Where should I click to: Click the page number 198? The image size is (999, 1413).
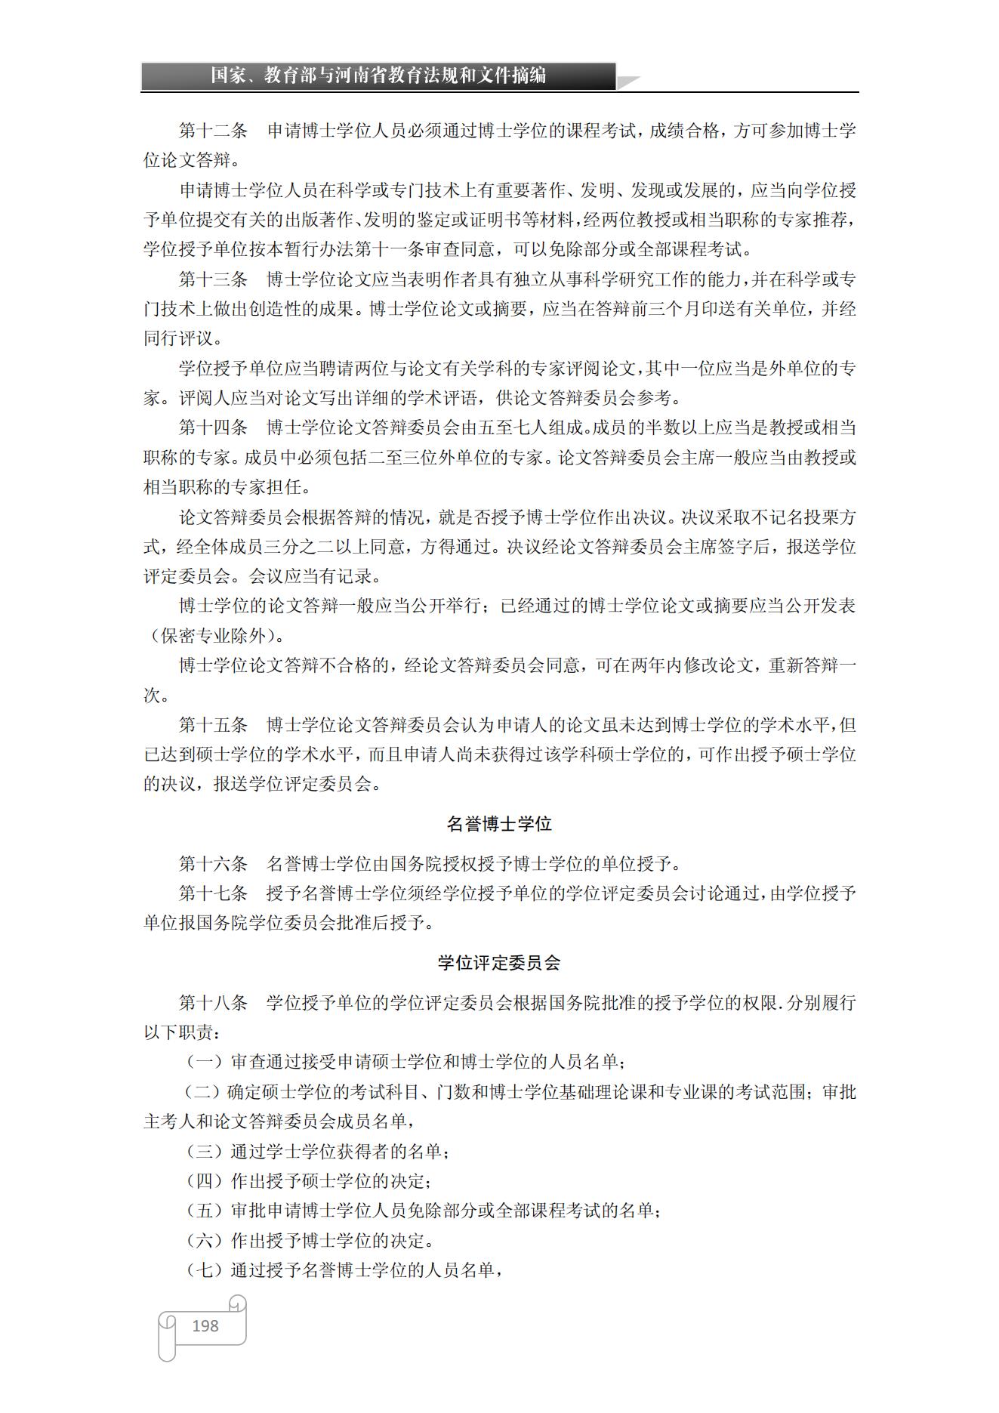coord(205,1325)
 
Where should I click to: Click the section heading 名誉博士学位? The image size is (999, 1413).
coord(499,824)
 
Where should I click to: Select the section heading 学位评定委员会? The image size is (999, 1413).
coord(499,963)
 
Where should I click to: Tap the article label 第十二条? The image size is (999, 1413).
coord(213,131)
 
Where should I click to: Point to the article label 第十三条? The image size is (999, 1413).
coord(213,279)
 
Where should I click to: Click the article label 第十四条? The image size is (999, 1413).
coord(213,428)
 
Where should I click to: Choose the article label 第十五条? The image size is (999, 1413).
coord(213,725)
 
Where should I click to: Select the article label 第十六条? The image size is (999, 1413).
coord(213,863)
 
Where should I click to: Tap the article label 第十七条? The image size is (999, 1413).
coord(213,893)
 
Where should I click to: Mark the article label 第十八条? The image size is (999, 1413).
coord(213,1003)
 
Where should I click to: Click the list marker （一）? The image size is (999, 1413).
coord(205,1062)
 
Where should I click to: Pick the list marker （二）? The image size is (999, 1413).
coord(203,1092)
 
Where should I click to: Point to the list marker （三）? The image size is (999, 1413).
coord(205,1152)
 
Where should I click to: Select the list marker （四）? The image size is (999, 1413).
coord(205,1181)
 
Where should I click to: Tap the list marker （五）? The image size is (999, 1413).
coord(205,1211)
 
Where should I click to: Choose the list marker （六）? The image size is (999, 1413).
coord(205,1241)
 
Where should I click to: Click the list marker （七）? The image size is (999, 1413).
coord(205,1270)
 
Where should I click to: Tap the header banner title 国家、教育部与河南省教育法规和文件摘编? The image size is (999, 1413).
coord(378,76)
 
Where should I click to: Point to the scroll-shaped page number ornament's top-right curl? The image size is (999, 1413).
coord(238,1303)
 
